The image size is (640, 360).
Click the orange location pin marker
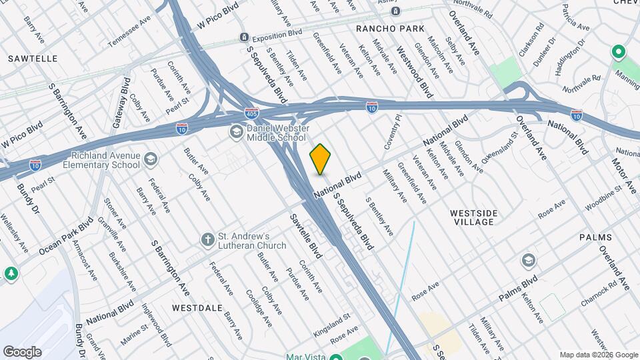320,159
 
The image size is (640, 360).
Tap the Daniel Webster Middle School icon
235,132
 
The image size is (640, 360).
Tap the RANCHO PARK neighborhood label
385,29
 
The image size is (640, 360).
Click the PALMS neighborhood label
595,237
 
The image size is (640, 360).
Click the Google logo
21,351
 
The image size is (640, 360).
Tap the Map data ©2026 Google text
598,355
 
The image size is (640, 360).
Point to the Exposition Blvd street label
277,33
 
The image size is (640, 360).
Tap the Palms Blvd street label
519,289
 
